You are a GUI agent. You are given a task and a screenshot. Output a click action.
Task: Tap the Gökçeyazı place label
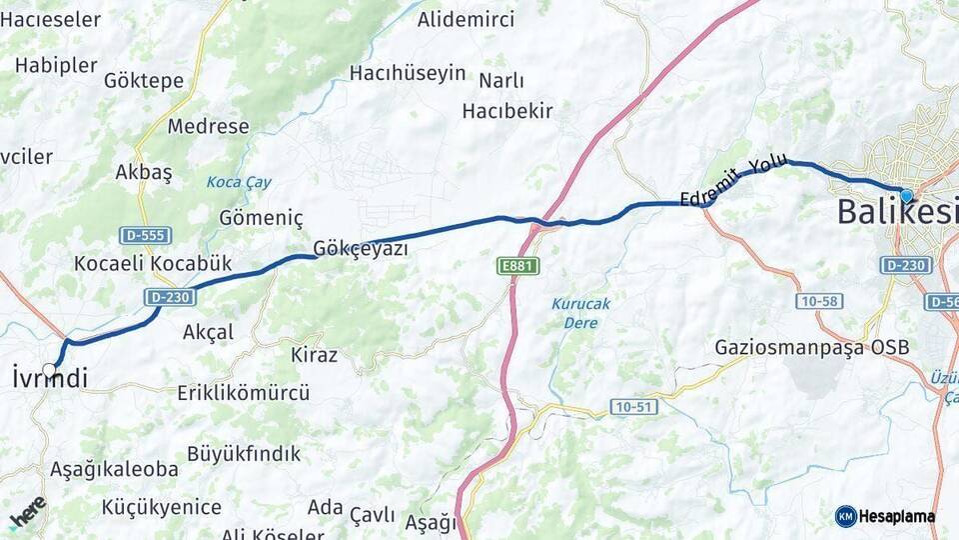(360, 249)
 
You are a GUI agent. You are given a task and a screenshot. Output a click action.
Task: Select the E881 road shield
(517, 266)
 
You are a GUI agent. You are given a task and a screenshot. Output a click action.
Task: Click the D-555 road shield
(145, 236)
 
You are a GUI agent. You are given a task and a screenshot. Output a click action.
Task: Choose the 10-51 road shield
(633, 407)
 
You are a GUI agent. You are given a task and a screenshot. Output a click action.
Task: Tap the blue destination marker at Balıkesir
(905, 196)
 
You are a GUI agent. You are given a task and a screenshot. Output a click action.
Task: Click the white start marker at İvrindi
(49, 370)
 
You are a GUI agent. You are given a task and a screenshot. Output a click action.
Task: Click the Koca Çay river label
(239, 183)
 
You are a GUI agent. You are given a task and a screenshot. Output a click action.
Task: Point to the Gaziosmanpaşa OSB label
(812, 348)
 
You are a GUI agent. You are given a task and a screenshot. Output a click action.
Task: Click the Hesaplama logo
(885, 516)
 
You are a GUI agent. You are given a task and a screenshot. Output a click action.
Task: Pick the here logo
(27, 511)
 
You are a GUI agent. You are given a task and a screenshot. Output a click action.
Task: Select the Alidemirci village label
(466, 20)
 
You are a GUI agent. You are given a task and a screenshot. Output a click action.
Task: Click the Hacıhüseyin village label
(408, 73)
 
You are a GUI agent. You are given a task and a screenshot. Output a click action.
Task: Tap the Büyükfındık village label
(244, 454)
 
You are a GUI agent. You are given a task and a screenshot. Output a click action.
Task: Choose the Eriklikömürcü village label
(243, 393)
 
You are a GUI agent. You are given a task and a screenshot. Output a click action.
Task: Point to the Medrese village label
(208, 127)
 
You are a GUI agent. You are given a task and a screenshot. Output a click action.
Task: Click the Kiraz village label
(314, 355)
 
